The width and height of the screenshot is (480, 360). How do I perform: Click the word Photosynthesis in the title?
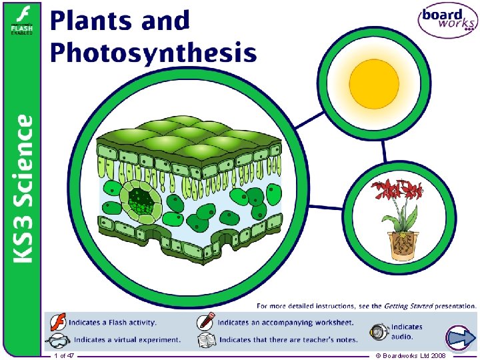pyautogui.click(x=153, y=52)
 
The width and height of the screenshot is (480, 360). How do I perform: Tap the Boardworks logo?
pyautogui.click(x=447, y=22)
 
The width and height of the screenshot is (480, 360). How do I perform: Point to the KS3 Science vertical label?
pyautogui.click(x=23, y=188)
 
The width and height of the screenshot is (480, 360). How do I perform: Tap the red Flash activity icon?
pyautogui.click(x=58, y=322)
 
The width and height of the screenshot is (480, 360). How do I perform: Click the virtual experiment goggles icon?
pyautogui.click(x=58, y=340)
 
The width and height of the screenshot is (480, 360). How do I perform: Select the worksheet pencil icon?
pyautogui.click(x=206, y=322)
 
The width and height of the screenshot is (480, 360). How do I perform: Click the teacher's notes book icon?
pyautogui.click(x=206, y=340)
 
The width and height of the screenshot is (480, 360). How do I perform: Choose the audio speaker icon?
pyautogui.click(x=379, y=331)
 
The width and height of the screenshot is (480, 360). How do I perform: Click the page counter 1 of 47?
pyautogui.click(x=64, y=356)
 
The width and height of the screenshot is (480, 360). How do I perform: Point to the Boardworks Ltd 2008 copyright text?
pyautogui.click(x=411, y=356)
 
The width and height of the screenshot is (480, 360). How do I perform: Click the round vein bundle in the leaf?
pyautogui.click(x=139, y=198)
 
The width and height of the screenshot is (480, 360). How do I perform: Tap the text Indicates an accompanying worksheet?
pyautogui.click(x=287, y=323)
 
